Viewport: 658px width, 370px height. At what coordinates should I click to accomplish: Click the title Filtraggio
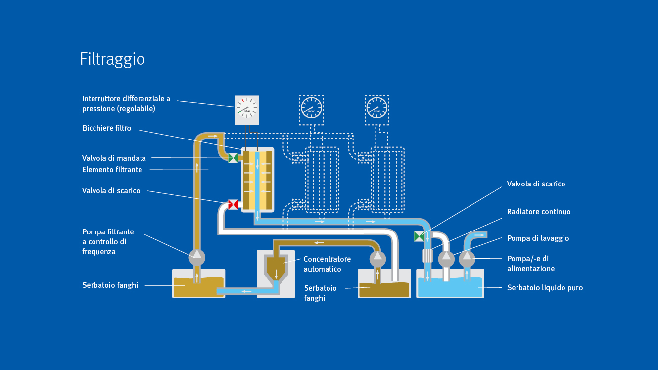click(112, 60)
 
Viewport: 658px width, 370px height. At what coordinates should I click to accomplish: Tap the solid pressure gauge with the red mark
click(247, 110)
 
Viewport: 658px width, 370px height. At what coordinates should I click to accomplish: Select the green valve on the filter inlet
click(233, 158)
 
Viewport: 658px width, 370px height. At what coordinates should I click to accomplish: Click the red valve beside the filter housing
click(233, 204)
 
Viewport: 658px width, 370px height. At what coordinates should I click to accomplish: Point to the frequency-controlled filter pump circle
click(197, 258)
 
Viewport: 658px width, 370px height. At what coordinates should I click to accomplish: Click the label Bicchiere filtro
click(107, 128)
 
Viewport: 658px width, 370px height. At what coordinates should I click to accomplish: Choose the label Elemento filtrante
click(112, 170)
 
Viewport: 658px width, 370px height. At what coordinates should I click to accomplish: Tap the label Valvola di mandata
click(114, 158)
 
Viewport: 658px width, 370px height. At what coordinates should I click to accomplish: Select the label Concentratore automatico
click(327, 264)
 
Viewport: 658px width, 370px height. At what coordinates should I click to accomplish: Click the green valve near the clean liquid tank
click(419, 236)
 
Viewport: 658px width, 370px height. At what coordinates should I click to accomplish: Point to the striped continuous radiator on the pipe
click(427, 255)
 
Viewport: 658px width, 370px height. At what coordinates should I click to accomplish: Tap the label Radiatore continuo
click(539, 212)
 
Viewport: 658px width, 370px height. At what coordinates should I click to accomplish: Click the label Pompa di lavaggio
click(538, 238)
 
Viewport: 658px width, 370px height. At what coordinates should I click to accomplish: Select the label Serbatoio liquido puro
click(545, 288)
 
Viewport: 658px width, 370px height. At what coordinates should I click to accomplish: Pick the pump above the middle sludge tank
click(377, 258)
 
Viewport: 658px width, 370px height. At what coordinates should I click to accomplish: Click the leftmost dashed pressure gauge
click(311, 110)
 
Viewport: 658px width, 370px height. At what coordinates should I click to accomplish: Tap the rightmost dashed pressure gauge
click(377, 110)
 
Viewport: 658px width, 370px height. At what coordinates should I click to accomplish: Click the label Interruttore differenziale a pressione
click(126, 104)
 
